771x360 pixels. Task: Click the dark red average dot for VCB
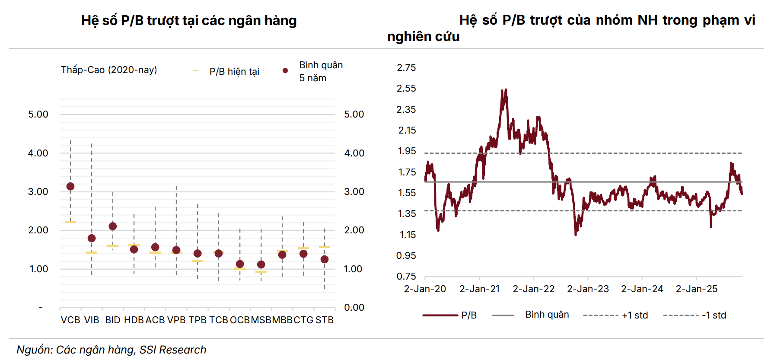[x=70, y=186]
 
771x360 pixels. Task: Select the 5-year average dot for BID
[x=113, y=226]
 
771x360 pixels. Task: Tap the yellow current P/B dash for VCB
[x=70, y=222]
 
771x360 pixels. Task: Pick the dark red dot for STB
[x=325, y=259]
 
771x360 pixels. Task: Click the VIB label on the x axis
[x=92, y=320]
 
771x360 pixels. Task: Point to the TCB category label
[x=219, y=320]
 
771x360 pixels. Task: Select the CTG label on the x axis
[x=303, y=320]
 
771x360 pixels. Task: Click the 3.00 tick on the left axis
[x=38, y=191]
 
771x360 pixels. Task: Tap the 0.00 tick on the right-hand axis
[x=354, y=307]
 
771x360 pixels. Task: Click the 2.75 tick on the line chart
[x=406, y=67]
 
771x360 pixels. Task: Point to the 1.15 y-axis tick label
[x=408, y=235]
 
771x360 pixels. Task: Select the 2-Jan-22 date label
[x=533, y=289]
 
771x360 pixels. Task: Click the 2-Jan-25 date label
[x=696, y=289]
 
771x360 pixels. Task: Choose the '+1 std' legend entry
[x=635, y=315]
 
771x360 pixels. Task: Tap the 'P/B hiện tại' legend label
[x=234, y=71]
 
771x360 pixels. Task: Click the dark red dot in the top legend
[x=285, y=70]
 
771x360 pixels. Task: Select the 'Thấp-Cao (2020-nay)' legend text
[x=109, y=70]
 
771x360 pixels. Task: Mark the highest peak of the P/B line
[x=506, y=90]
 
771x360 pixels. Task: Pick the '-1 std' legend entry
[x=714, y=315]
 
